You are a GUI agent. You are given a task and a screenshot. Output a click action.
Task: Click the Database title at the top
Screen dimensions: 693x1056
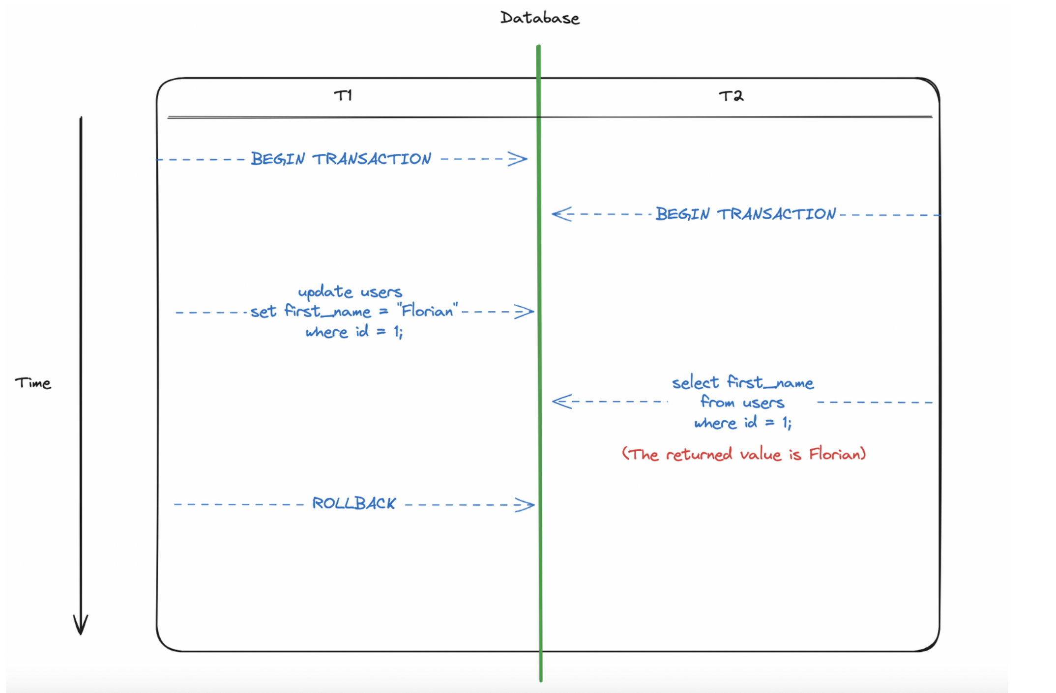[x=539, y=18]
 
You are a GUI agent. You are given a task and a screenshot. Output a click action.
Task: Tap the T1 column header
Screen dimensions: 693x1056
[x=343, y=95]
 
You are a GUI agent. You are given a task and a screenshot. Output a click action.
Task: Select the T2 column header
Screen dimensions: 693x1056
[x=731, y=96]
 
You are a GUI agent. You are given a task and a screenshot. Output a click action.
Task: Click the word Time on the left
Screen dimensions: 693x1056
[x=33, y=383]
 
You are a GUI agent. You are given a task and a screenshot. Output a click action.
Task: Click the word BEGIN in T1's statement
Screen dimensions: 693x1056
[x=278, y=159]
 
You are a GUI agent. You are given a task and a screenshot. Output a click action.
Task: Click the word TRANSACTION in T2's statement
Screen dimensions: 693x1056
[x=776, y=214]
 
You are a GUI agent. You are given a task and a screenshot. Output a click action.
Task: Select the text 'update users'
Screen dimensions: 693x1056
[x=350, y=292]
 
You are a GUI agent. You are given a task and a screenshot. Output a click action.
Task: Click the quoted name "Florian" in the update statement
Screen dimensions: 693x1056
[x=428, y=311]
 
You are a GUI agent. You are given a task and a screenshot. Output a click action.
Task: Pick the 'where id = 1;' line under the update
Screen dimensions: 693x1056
[x=354, y=332]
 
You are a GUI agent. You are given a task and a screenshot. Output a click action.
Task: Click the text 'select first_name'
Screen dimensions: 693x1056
[x=742, y=382]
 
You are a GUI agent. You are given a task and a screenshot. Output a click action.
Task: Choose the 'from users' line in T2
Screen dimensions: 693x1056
[x=742, y=403]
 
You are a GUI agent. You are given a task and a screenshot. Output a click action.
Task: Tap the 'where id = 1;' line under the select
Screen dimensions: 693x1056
[x=742, y=423]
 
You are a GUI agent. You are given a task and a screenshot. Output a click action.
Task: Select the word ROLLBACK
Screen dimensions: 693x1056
[x=354, y=503]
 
